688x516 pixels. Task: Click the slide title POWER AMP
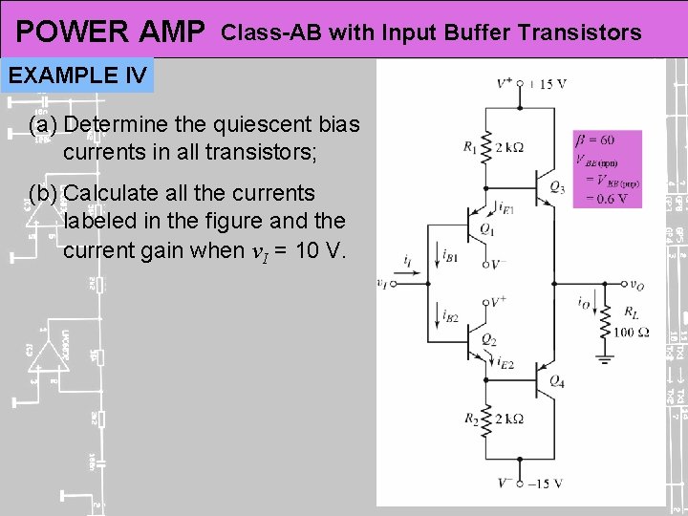tap(111, 32)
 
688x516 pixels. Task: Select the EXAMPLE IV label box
tap(78, 75)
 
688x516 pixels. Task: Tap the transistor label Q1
tap(486, 228)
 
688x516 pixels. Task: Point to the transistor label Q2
tap(488, 339)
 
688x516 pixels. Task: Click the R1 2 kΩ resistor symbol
tap(486, 146)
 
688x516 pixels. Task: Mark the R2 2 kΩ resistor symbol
tap(486, 419)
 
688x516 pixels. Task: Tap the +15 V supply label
tap(546, 83)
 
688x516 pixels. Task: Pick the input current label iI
tap(407, 259)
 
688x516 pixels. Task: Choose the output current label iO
tap(583, 303)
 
